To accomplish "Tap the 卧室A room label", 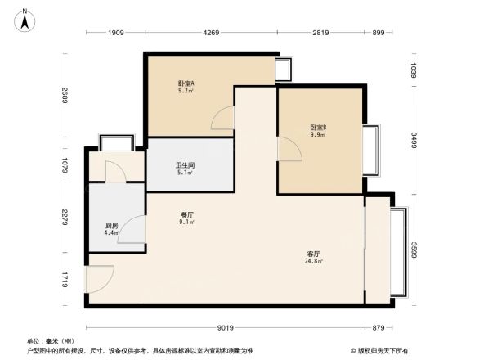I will (186, 87).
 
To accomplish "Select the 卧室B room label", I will (318, 131).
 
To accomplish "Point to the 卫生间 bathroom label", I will (185, 169).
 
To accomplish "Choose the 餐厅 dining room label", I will (186, 218).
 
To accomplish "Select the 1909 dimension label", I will (115, 33).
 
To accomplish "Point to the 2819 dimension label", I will (320, 33).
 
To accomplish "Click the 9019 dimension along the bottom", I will (226, 328).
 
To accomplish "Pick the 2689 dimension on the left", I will (65, 99).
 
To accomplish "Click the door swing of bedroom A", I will (223, 119).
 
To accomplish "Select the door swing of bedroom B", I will (289, 149).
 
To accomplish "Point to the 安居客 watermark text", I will (383, 349).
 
